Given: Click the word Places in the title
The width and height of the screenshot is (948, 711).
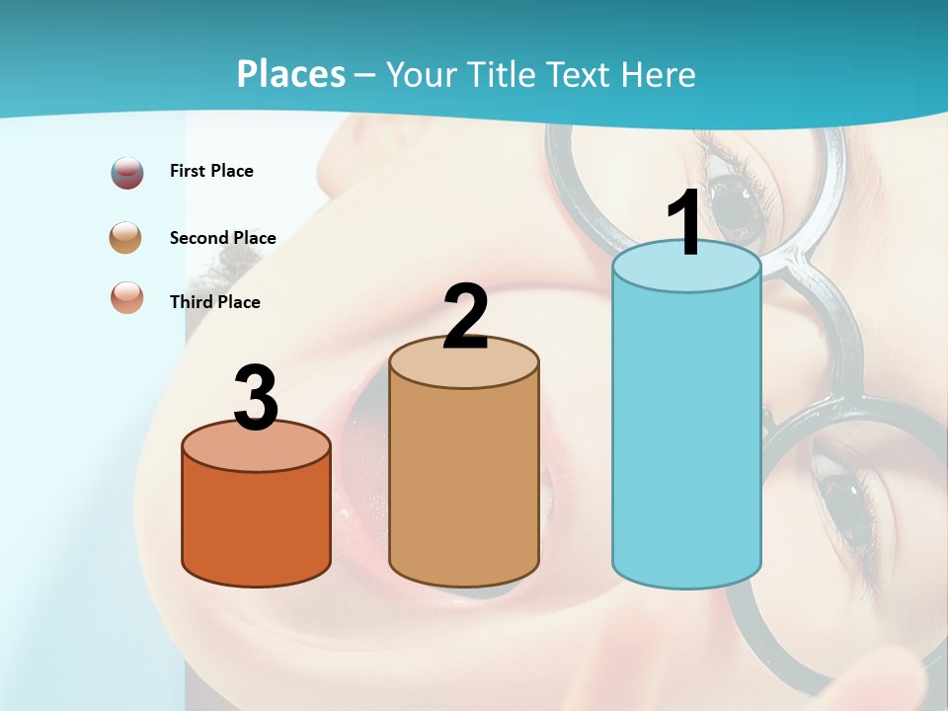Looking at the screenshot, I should tap(291, 74).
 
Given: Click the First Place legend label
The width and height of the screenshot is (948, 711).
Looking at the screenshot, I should tap(211, 171).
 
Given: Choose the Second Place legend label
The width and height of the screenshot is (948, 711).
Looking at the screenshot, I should tap(222, 238).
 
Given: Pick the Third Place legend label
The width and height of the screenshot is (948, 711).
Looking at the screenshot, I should tap(214, 302).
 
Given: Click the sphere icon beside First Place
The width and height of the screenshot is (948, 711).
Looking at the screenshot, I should tap(127, 173).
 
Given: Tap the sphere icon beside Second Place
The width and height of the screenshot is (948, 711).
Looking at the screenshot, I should tap(126, 238).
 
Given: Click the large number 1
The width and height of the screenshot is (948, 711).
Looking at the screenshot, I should tap(685, 223).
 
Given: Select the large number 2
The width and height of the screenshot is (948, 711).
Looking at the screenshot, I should tap(465, 317).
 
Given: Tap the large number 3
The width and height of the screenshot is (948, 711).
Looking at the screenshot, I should tap(256, 397).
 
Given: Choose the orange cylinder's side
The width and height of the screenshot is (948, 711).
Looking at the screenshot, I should tap(256, 523).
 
